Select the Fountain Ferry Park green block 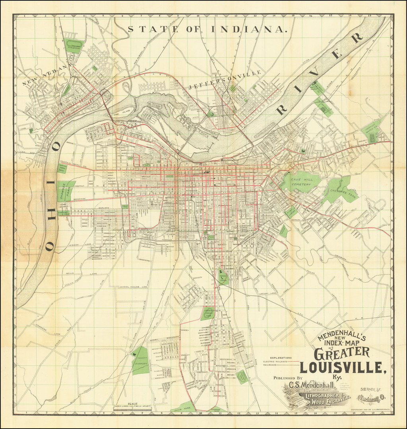click(x=63, y=169)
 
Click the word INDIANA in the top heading click(x=248, y=29)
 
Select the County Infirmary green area click(x=140, y=360)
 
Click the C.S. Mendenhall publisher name click(x=312, y=384)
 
